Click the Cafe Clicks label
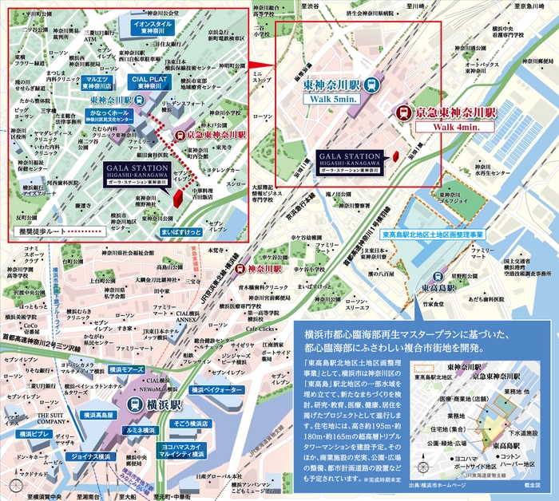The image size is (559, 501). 261,328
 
